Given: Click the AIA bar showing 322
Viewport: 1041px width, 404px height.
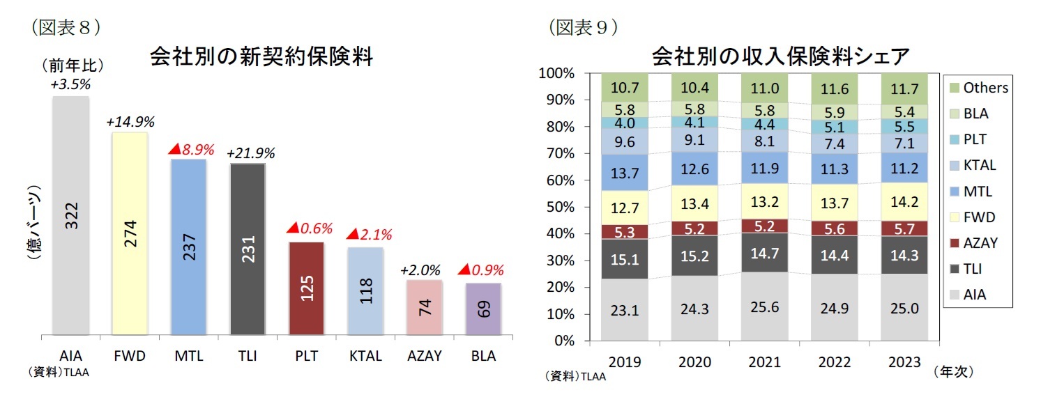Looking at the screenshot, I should tap(70, 216).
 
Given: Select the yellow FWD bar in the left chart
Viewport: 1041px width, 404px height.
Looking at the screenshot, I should tap(130, 233).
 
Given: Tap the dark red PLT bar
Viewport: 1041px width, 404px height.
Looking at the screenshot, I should tap(307, 288).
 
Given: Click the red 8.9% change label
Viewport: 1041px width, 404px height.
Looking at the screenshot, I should tap(189, 150).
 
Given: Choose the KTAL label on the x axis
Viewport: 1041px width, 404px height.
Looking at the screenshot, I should tap(365, 356).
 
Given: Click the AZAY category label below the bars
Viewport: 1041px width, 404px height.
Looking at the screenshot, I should tap(425, 356).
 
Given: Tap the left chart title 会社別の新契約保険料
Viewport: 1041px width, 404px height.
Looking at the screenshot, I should tap(261, 57).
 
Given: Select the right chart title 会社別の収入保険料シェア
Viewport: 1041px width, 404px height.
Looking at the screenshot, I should tap(780, 56).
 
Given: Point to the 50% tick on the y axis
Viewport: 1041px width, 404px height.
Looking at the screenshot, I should tap(557, 207).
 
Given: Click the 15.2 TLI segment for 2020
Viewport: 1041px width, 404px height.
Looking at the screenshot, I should tap(694, 256).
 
